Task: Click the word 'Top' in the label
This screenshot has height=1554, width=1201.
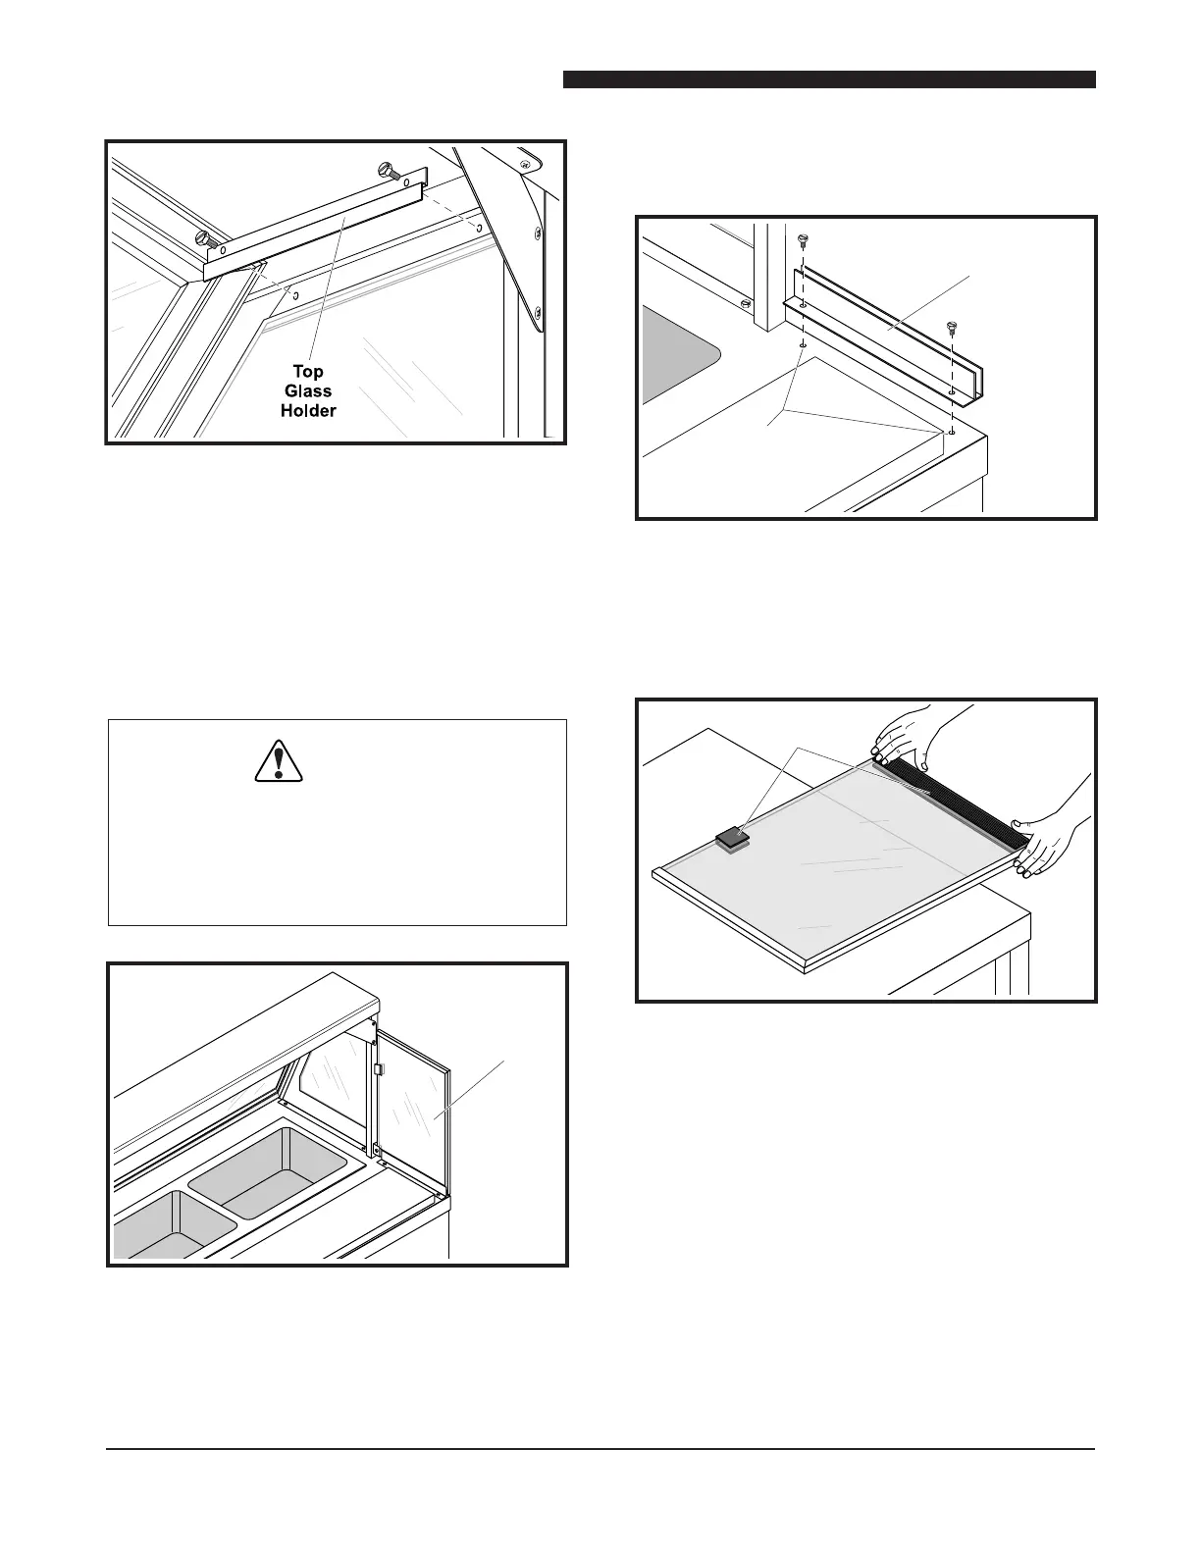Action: (x=309, y=372)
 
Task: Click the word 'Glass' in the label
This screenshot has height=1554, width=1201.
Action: (x=308, y=390)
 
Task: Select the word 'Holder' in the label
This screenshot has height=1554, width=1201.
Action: (x=308, y=410)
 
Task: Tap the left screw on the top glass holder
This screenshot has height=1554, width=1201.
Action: (x=205, y=237)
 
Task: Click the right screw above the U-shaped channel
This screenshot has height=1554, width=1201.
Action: (x=950, y=327)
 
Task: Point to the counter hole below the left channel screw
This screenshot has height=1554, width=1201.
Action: (x=803, y=345)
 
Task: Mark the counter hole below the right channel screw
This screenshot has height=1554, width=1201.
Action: (x=951, y=431)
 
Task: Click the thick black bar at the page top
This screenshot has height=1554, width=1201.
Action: (x=829, y=79)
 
